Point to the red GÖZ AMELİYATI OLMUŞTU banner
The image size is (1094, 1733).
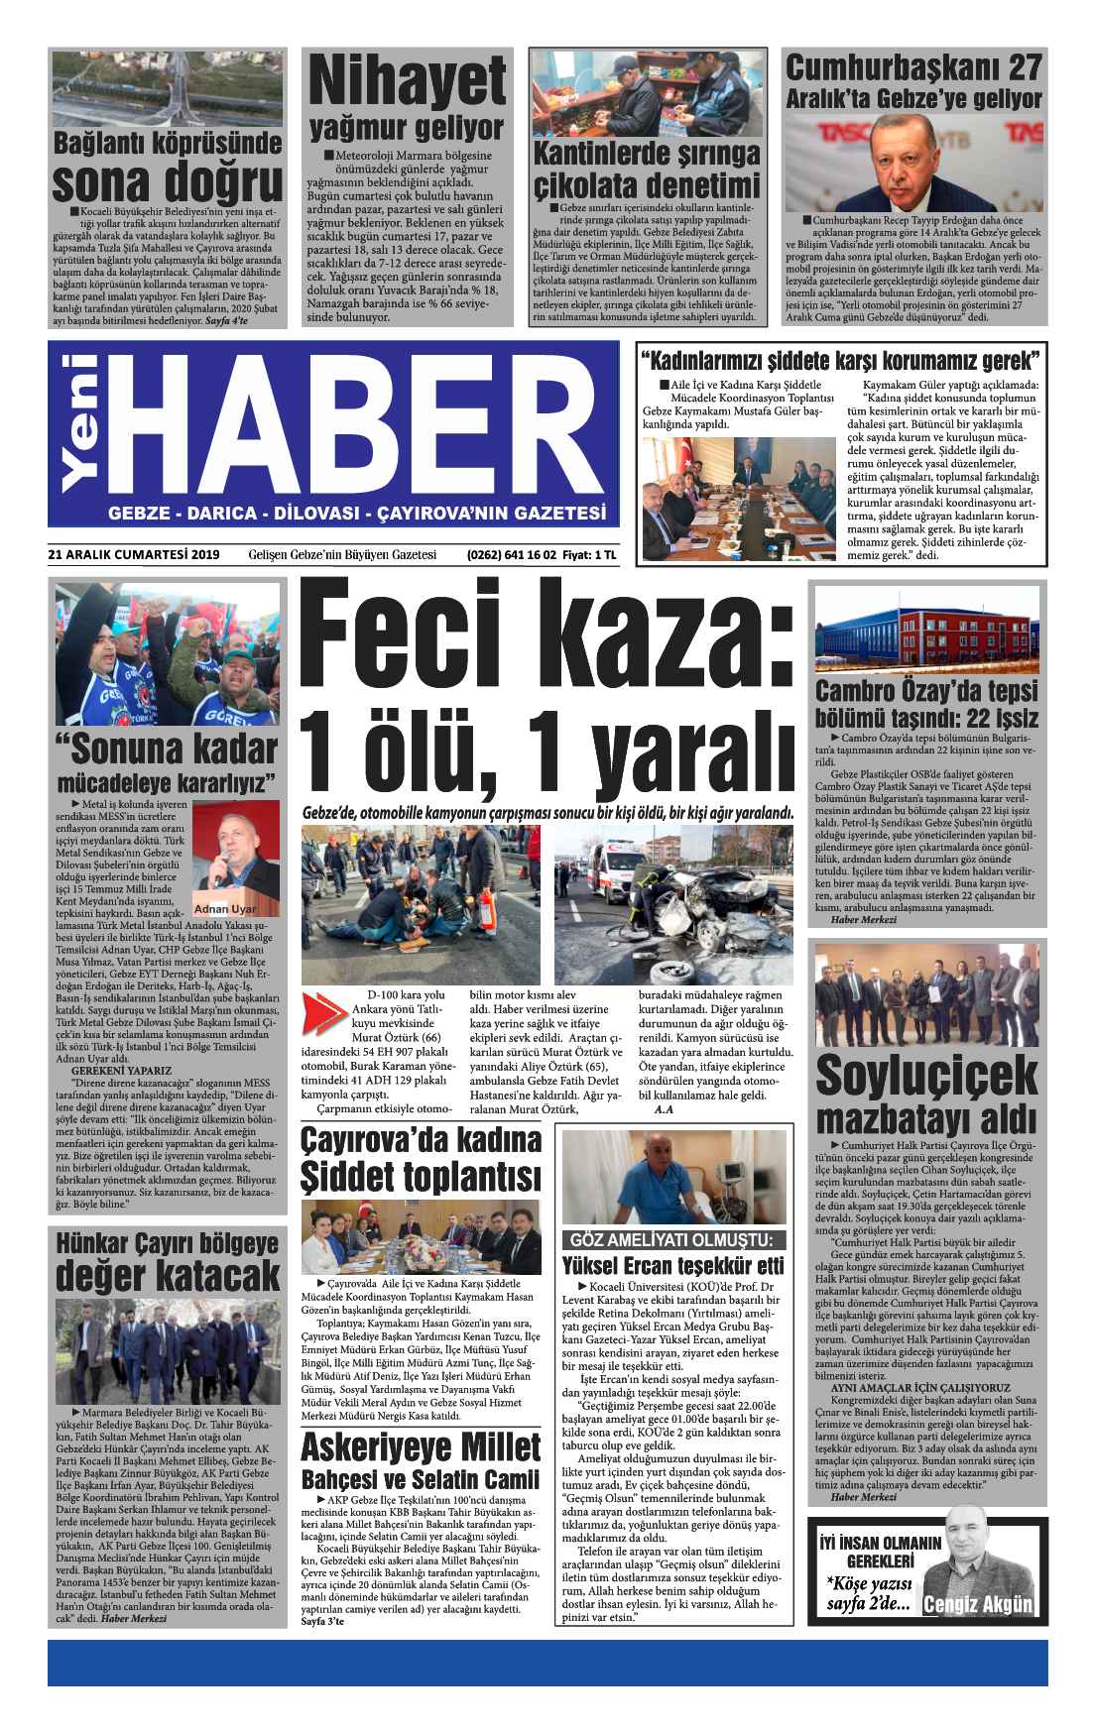point(673,1240)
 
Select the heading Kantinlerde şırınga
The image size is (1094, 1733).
point(646,155)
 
